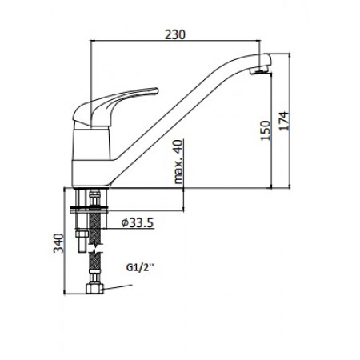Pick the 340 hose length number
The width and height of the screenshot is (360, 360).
(57, 242)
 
